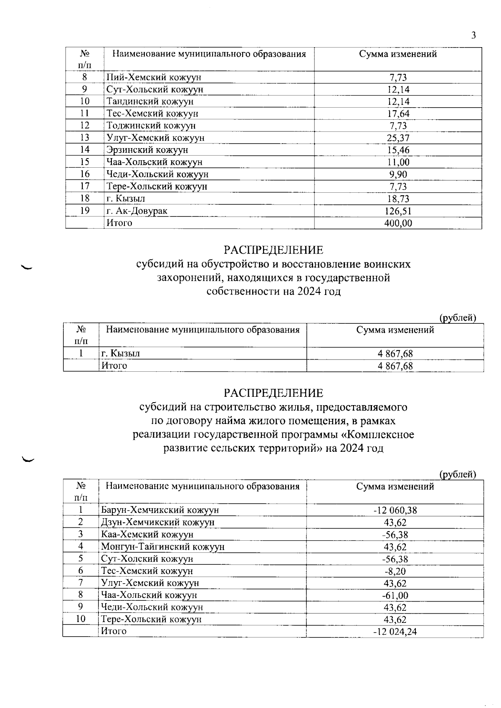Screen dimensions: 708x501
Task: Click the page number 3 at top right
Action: pyautogui.click(x=473, y=35)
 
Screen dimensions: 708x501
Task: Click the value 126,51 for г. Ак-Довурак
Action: pyautogui.click(x=398, y=211)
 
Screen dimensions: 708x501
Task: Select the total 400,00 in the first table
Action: pyautogui.click(x=398, y=223)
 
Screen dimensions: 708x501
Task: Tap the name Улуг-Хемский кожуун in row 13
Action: pyautogui.click(x=155, y=138)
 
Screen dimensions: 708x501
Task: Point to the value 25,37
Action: pyautogui.click(x=398, y=138)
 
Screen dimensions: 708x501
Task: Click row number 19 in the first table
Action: pyautogui.click(x=85, y=211)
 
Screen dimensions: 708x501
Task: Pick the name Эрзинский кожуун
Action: pyautogui.click(x=147, y=150)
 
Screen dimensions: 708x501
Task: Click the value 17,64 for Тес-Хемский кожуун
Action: pyautogui.click(x=398, y=114)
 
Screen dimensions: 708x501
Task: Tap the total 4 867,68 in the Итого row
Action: pyautogui.click(x=395, y=366)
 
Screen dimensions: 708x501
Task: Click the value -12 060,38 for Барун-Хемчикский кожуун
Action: pyautogui.click(x=395, y=510)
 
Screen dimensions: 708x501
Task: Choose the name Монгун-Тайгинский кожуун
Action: pyautogui.click(x=163, y=547)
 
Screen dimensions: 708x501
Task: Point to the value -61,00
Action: pyautogui.click(x=395, y=595)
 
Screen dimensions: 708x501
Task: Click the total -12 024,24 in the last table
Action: pyautogui.click(x=395, y=632)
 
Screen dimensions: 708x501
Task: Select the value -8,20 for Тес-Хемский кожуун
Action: pyautogui.click(x=395, y=571)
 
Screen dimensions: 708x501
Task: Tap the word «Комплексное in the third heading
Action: pyautogui.click(x=378, y=435)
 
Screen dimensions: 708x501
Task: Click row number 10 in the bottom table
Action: pyautogui.click(x=81, y=619)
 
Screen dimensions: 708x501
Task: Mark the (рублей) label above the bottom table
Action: pyautogui.click(x=458, y=474)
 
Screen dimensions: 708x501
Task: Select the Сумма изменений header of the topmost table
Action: pyautogui.click(x=398, y=54)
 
